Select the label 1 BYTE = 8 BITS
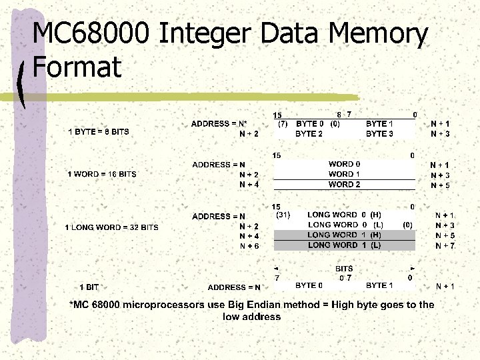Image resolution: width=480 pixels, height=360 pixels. point(99,132)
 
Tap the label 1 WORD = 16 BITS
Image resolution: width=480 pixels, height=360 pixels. point(102,174)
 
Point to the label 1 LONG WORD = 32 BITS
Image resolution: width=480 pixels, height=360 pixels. point(111,227)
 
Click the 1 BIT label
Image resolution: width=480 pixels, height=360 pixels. point(89,287)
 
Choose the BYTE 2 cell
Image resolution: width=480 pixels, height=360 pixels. point(310,133)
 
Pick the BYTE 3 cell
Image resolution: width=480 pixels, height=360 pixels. point(379,133)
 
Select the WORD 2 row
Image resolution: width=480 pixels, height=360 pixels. point(345,184)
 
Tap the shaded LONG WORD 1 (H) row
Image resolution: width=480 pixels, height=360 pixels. point(345,235)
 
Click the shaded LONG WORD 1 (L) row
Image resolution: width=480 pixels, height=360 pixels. point(345,245)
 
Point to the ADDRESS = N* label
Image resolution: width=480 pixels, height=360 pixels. point(219,124)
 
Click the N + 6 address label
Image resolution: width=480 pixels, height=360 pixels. point(249,246)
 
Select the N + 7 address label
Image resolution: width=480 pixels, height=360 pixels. point(445,245)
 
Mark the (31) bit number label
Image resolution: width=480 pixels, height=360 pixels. point(283,215)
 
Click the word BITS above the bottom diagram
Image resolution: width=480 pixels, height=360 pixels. point(344,269)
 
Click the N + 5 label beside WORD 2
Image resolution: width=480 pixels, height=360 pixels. point(440,185)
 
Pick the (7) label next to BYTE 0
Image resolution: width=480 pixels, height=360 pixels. point(283,123)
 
